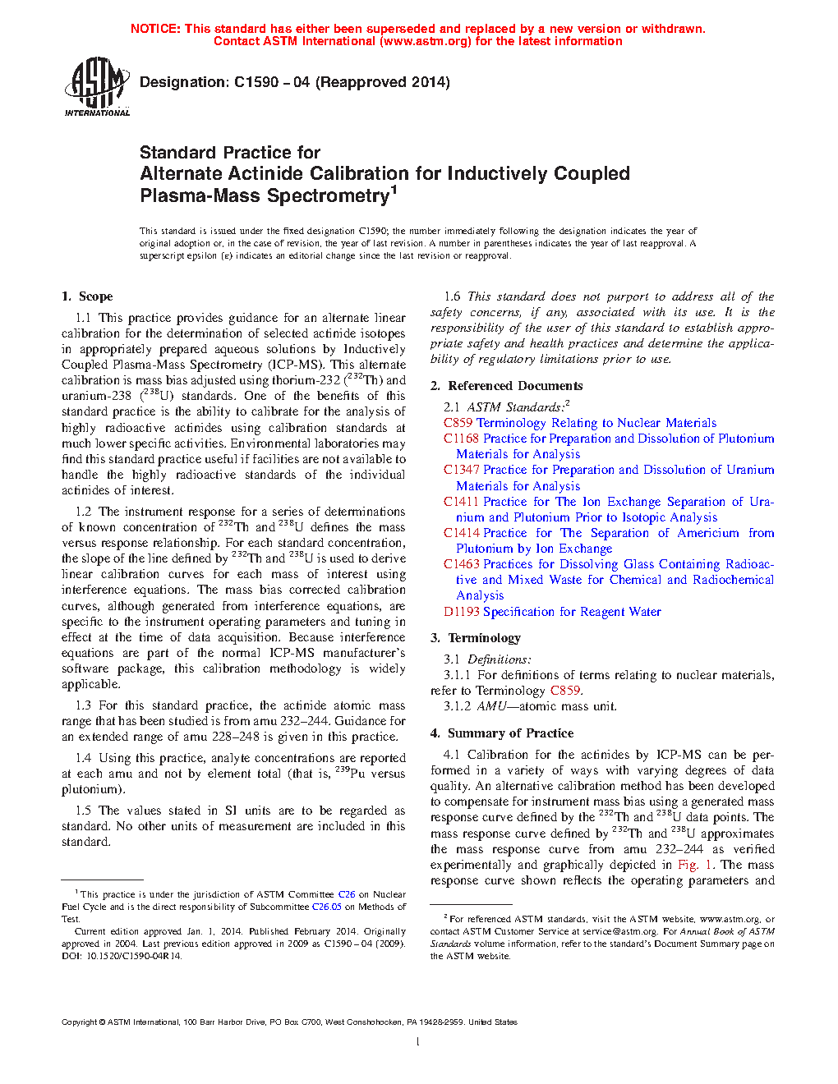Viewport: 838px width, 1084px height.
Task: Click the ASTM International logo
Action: click(x=96, y=86)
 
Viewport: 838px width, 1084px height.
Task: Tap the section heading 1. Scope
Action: click(x=88, y=296)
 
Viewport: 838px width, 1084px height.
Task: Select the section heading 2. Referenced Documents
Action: click(x=507, y=386)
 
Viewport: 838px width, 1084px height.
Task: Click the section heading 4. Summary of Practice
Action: click(x=502, y=733)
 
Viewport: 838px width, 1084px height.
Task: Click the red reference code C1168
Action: click(x=460, y=439)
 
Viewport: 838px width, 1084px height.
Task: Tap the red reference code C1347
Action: click(x=460, y=470)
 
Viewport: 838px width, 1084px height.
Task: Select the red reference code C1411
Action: click(x=460, y=502)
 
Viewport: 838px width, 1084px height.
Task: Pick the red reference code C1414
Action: click(x=460, y=533)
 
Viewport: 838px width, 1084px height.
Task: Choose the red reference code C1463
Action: click(x=460, y=564)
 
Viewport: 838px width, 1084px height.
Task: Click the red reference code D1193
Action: click(x=461, y=612)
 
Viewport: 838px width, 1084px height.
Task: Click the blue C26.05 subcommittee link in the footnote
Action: click(x=326, y=907)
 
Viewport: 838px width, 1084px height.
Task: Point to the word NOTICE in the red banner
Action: click(x=155, y=29)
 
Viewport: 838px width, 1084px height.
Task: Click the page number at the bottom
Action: click(x=418, y=1042)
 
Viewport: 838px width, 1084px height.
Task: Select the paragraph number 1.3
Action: click(x=83, y=705)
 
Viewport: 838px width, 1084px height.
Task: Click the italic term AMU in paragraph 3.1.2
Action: click(x=492, y=706)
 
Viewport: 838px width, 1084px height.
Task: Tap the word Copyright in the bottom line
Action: click(x=79, y=1022)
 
